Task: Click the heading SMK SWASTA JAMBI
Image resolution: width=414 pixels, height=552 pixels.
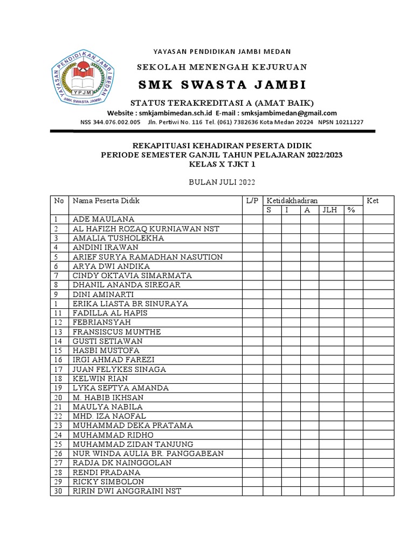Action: [222, 85]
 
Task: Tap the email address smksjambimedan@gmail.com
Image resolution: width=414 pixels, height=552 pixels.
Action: [289, 113]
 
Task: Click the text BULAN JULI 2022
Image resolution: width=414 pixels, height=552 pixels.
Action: [222, 181]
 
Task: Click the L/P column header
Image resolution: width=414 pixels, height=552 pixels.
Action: [252, 201]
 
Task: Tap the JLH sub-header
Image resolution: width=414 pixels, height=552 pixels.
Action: [330, 210]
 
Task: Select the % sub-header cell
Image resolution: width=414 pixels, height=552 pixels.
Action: [351, 210]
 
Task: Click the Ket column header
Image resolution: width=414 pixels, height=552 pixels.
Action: [372, 201]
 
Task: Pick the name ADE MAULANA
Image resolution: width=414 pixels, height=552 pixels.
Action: [103, 219]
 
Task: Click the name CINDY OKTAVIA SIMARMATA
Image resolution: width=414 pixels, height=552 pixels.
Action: [132, 275]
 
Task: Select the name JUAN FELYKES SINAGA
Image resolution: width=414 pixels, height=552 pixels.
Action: [119, 369]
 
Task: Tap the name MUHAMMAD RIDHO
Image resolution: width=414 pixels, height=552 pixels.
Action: [113, 434]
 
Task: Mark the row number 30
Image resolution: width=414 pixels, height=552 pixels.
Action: [58, 491]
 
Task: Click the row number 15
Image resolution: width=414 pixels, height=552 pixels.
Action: [58, 350]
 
